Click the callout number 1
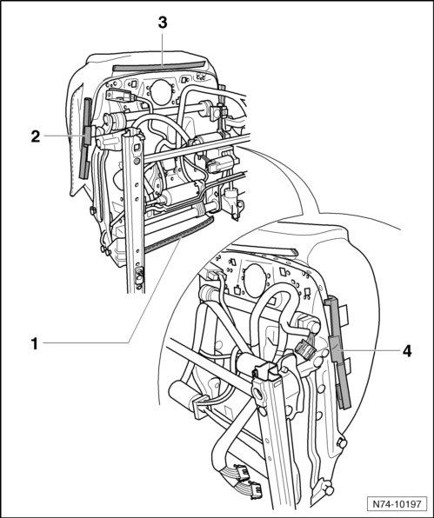click(x=35, y=343)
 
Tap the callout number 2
click(x=36, y=136)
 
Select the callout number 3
click(x=163, y=23)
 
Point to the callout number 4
click(x=407, y=351)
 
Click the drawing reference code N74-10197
click(x=397, y=504)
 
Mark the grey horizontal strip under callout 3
click(x=158, y=66)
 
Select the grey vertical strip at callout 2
click(x=86, y=138)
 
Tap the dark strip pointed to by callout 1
click(x=179, y=236)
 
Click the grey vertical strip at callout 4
click(x=337, y=354)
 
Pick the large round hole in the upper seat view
click(x=160, y=93)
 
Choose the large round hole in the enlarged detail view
click(x=255, y=281)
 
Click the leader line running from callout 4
click(x=366, y=349)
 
